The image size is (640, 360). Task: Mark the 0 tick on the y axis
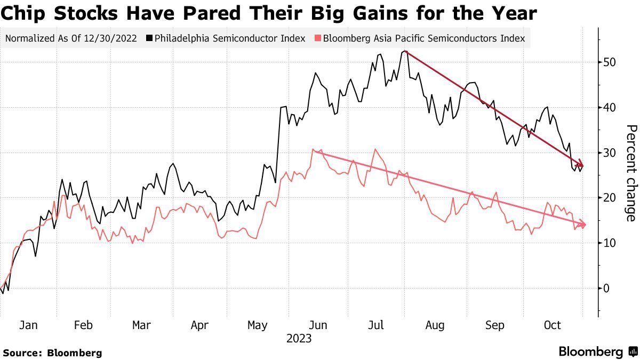pos(606,289)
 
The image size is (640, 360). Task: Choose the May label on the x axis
pos(258,325)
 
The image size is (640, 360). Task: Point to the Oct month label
pos(552,325)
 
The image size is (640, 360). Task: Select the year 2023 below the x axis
pos(299,339)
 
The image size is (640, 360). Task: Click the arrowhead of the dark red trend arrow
pos(581,166)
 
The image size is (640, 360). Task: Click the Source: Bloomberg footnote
pos(52,353)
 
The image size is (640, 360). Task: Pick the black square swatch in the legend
pos(151,38)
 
